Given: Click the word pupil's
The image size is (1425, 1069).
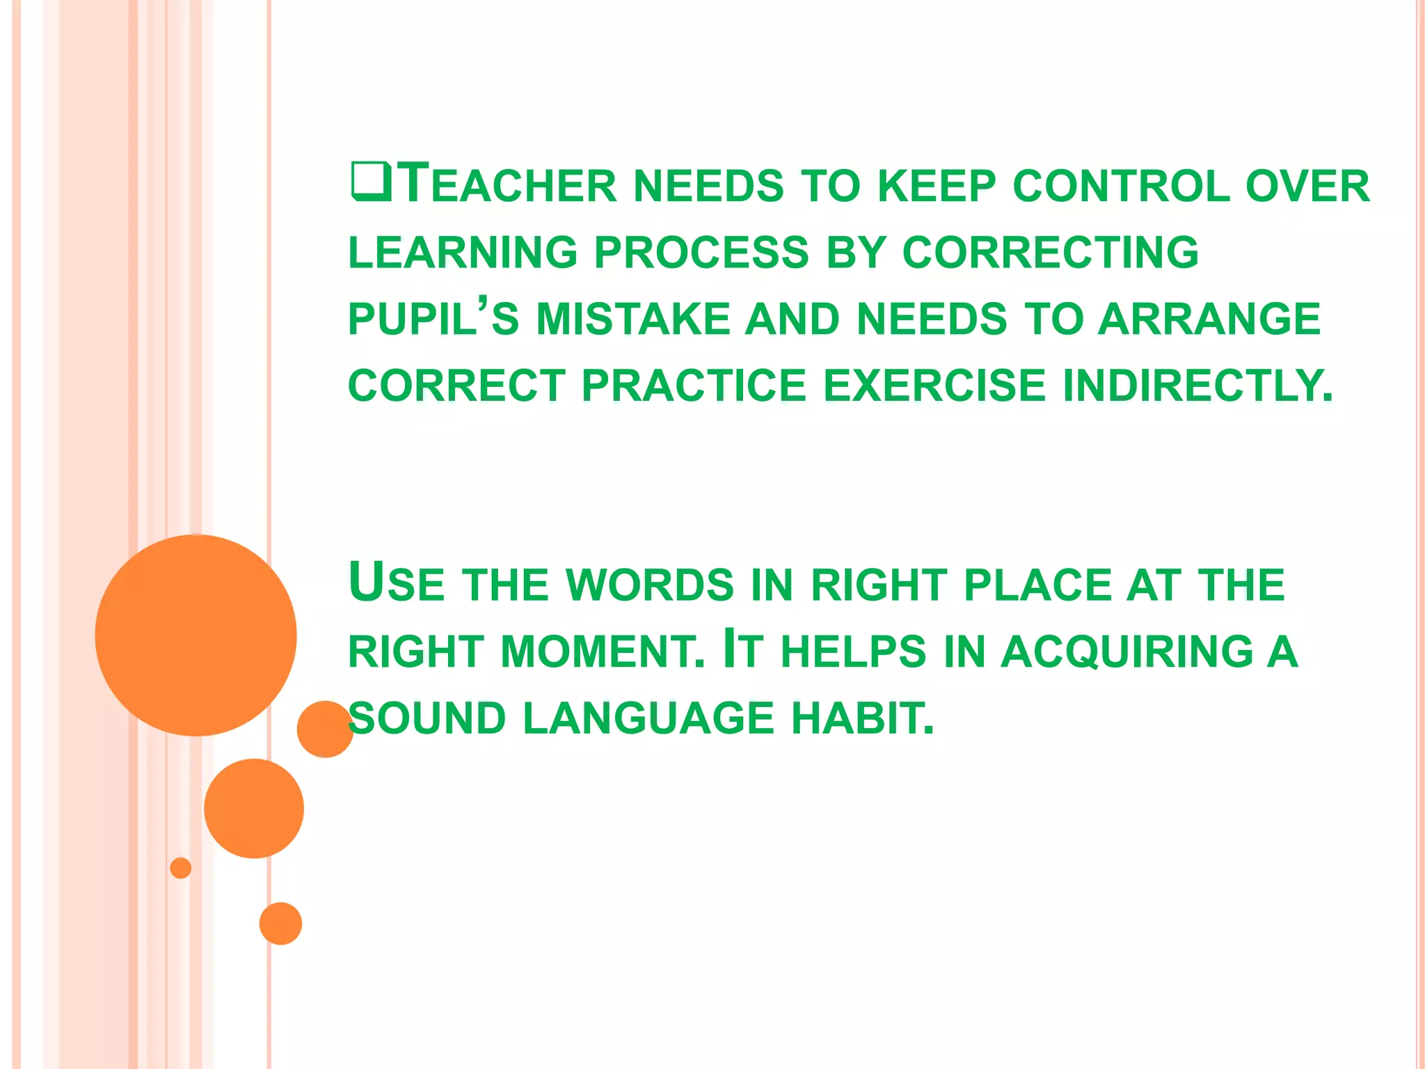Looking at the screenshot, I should click(433, 319).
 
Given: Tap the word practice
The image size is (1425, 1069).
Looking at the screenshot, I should click(694, 386).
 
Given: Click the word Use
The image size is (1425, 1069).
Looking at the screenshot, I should click(396, 583).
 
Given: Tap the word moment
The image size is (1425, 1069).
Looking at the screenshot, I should click(603, 651).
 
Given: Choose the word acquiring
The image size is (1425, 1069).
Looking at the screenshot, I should click(1127, 651).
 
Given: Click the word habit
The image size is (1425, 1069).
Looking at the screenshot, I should click(863, 718).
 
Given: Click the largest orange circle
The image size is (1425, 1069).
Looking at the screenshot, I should click(196, 635).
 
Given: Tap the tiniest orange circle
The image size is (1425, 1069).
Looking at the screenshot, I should click(180, 868).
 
